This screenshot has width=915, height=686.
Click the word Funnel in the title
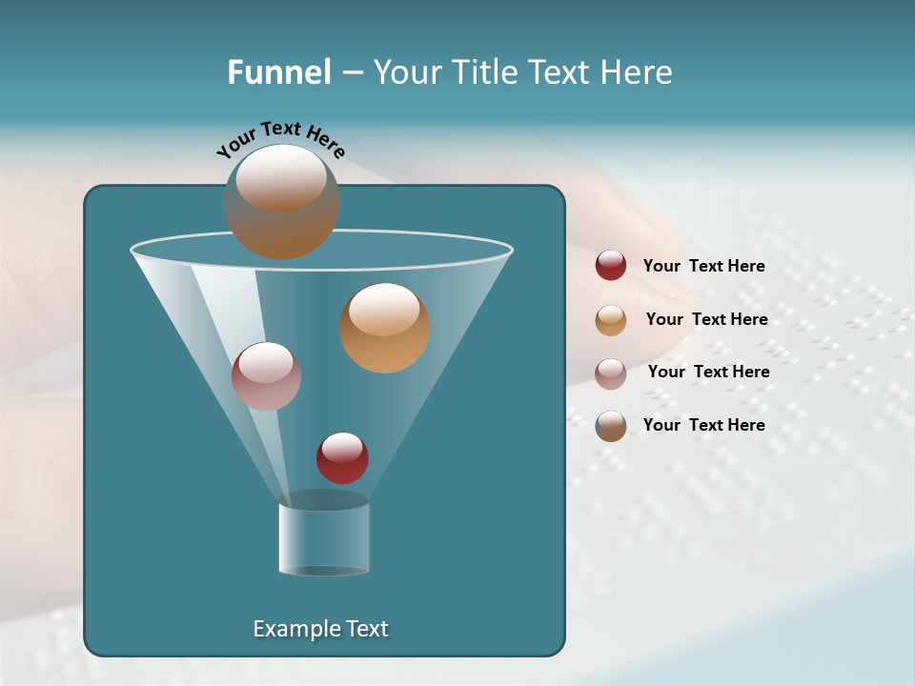coord(278,72)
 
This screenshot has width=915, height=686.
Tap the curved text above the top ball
coord(281,139)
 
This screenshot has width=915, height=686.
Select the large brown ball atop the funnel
coord(281,202)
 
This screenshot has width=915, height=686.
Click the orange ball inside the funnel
coord(384,328)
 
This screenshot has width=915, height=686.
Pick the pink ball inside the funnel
coord(266,376)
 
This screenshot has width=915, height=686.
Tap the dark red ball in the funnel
coord(342,458)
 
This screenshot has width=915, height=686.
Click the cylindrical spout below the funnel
coord(323,538)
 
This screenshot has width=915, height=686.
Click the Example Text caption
coord(321,629)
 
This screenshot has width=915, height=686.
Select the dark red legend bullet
coord(611,266)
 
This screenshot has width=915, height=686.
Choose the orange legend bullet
coord(611,320)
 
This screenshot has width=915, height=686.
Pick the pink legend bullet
coord(611,373)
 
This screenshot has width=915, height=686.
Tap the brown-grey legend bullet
coord(611,426)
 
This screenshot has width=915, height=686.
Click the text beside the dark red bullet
coord(703,267)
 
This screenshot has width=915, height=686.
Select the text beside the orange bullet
coord(706,319)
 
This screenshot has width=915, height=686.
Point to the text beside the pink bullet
coord(708,372)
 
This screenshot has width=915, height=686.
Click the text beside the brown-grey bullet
coord(703,425)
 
